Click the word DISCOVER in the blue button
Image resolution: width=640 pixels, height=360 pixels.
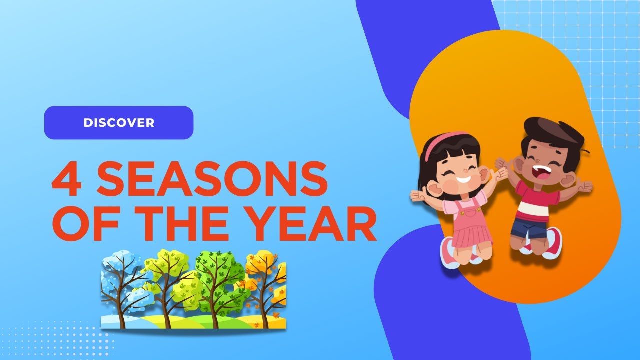point(119,123)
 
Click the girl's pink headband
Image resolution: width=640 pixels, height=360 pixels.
point(440,142)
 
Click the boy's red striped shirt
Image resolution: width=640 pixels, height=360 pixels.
point(537,202)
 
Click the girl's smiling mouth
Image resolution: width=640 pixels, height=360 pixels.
point(463,179)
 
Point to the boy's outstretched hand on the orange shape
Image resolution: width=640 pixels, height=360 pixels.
point(583,187)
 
